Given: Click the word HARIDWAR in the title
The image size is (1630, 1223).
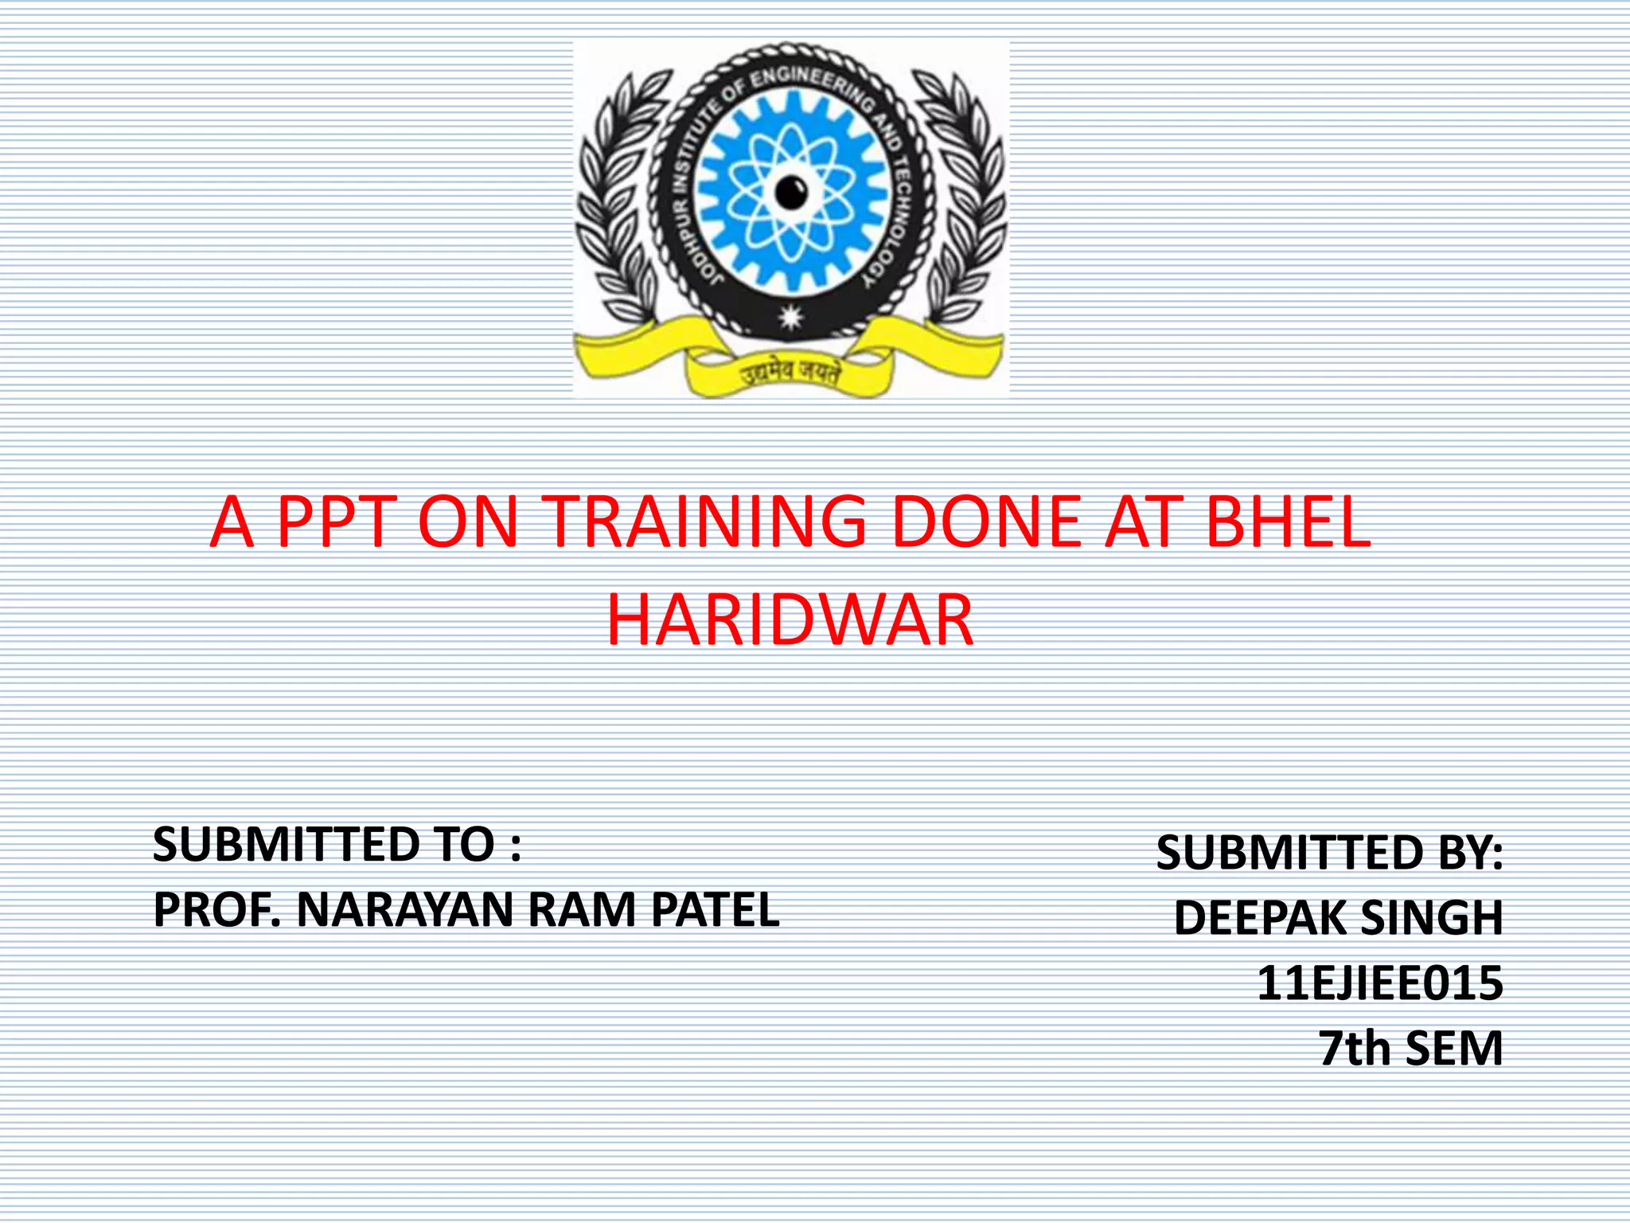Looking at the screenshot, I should tap(790, 620).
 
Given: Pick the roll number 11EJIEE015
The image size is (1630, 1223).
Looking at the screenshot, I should tap(1379, 983).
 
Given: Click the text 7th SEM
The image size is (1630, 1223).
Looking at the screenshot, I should tap(1410, 1048).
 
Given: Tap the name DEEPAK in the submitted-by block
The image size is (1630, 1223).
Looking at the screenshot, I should tap(1260, 918).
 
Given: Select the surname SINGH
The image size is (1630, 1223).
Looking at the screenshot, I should tap(1432, 918).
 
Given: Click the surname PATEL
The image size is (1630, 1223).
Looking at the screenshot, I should tap(715, 909).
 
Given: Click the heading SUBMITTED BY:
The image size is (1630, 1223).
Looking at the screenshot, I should tap(1329, 853).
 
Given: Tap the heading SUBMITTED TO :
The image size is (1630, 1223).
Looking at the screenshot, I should tap(337, 844).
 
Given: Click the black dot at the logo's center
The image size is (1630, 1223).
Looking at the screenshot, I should tap(791, 192).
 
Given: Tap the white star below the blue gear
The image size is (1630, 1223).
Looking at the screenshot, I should tap(790, 317).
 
